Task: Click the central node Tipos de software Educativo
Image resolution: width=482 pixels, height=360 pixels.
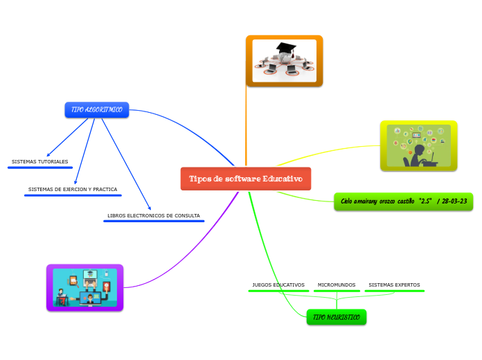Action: [246, 179]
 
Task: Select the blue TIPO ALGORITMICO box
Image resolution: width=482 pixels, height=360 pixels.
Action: [97, 110]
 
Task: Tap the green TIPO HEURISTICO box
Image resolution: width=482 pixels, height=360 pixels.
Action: [337, 317]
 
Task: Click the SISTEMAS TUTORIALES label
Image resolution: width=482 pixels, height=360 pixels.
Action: [39, 161]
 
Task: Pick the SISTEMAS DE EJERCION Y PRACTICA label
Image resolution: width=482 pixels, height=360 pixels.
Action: [73, 189]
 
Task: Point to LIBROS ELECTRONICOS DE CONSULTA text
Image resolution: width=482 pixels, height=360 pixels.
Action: [154, 215]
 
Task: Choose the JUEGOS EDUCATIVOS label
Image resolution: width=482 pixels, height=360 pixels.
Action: [278, 285]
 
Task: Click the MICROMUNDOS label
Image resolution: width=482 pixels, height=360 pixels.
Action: [337, 285]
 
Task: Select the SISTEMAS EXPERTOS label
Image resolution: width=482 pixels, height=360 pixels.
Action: [394, 285]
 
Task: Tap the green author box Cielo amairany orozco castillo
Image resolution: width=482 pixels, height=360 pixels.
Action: [404, 201]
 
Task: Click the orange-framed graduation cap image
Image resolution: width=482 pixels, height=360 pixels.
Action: [284, 61]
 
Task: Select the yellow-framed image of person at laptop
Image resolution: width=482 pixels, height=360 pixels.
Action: [418, 145]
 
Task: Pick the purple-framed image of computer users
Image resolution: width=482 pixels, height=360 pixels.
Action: [84, 287]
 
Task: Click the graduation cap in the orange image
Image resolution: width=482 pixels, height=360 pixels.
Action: [286, 50]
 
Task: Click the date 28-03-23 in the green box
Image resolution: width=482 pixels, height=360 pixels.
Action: [454, 201]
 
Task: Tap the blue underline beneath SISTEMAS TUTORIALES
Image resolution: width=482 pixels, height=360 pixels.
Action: [39, 168]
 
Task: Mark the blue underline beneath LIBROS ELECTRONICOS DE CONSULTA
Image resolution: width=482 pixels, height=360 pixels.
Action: [154, 222]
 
